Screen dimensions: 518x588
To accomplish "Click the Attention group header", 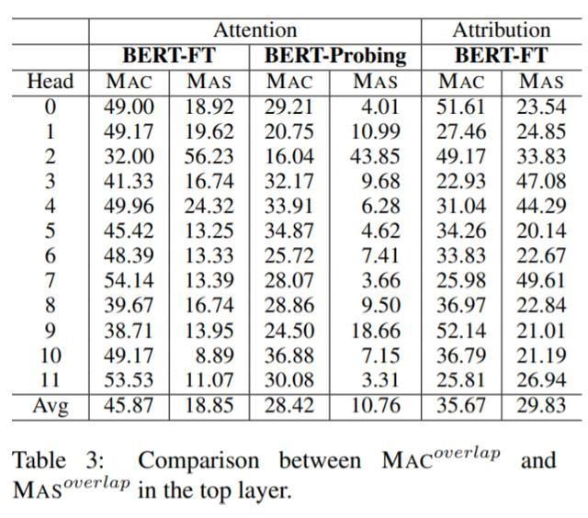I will point(254,30).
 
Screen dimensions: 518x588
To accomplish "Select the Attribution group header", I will point(502,30).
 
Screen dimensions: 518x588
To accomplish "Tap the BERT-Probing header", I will point(335,55).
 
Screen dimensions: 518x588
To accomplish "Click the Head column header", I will point(51,81).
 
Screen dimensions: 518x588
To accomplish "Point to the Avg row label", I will point(51,404).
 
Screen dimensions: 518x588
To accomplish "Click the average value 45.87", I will point(129,404).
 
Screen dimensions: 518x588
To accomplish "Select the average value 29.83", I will point(541,404).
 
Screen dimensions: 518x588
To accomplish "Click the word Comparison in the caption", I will point(198,458).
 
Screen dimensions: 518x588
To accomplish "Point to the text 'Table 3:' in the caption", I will point(61,458).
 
